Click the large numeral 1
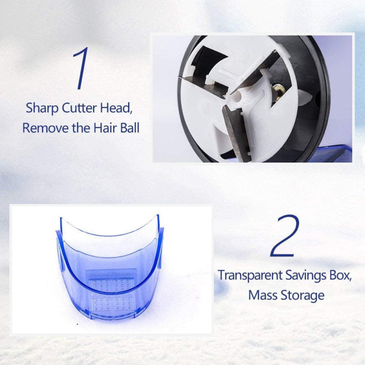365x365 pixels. coord(81,68)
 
